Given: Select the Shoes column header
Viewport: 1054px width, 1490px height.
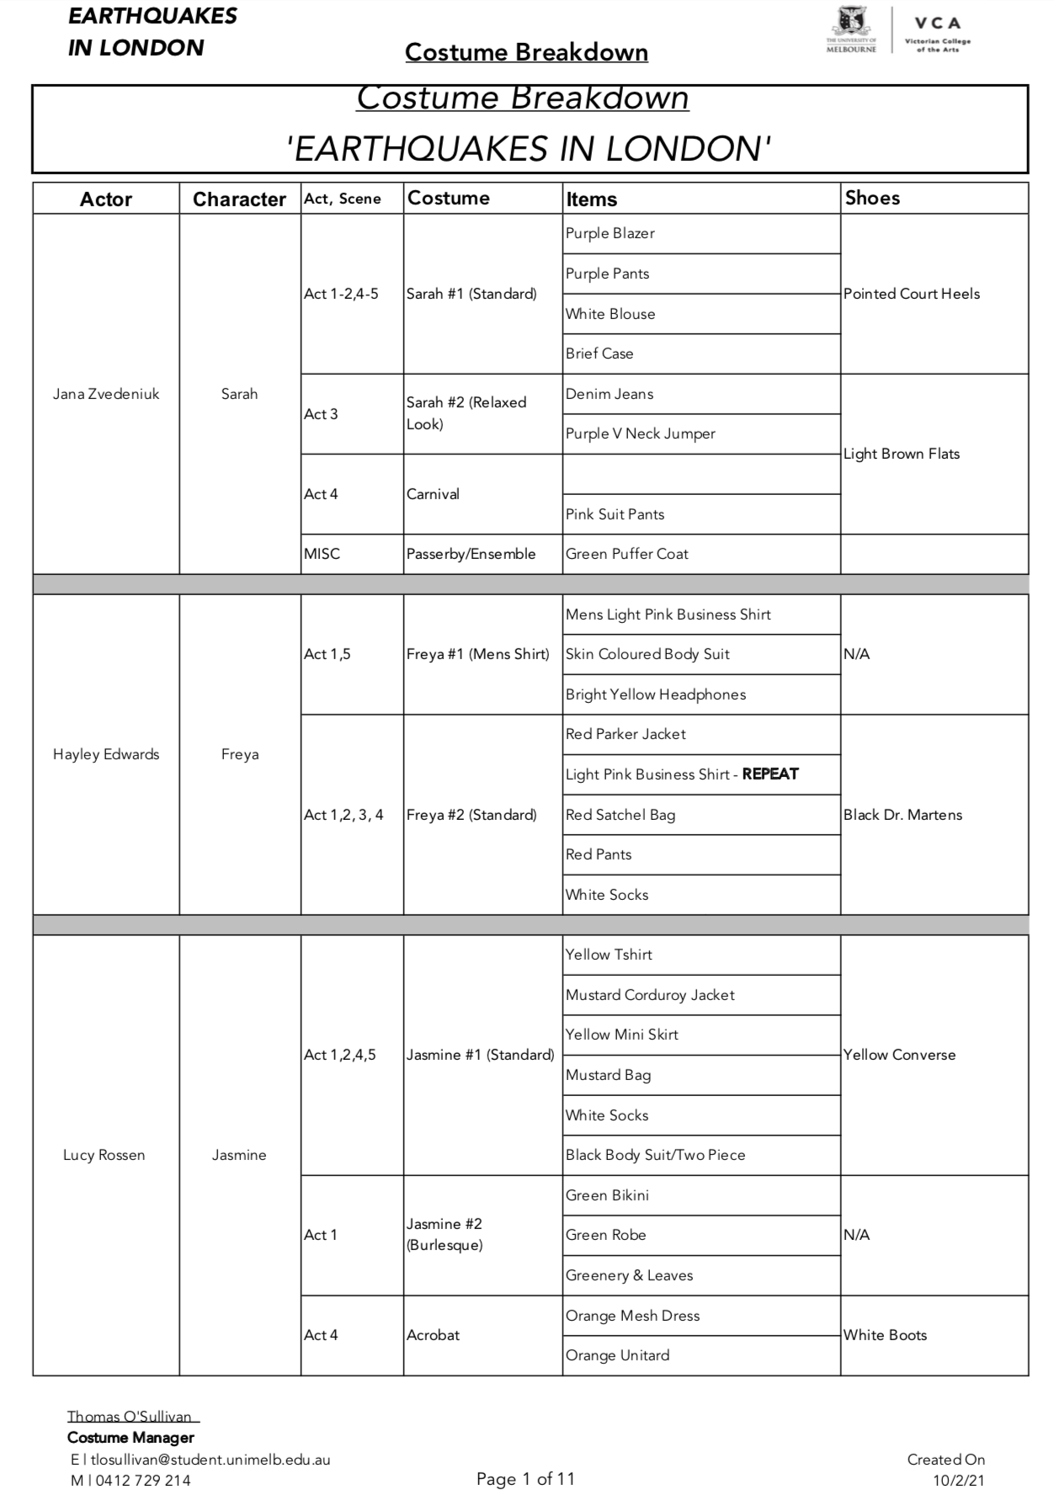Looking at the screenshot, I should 872,198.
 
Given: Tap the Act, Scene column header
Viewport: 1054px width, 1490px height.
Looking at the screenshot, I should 343,199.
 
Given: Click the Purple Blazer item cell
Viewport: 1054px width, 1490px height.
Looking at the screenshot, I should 610,233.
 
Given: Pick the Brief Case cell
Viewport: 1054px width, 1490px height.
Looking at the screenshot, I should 599,354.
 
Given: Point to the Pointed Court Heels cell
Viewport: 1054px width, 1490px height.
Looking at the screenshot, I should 912,294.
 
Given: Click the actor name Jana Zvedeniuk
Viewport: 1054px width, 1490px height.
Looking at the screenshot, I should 106,394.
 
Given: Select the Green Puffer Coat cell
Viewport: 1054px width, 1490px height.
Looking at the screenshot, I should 627,554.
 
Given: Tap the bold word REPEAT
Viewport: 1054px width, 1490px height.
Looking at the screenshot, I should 770,774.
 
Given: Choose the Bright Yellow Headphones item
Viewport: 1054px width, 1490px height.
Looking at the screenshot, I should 656,694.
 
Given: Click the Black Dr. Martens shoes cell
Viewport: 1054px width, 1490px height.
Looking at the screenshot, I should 902,815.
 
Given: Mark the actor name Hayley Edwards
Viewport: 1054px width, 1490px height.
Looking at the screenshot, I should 106,754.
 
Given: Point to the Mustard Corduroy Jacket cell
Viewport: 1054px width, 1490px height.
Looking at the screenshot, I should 650,995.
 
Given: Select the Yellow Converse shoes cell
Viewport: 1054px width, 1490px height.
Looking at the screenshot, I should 900,1055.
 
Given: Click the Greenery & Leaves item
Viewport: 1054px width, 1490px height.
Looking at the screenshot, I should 630,1275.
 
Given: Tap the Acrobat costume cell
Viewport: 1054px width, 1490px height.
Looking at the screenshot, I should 434,1335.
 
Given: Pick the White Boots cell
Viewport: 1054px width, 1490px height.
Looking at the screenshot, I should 885,1335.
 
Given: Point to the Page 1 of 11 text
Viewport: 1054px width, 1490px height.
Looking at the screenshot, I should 525,1478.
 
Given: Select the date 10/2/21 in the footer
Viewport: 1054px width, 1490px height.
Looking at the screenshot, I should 959,1480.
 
